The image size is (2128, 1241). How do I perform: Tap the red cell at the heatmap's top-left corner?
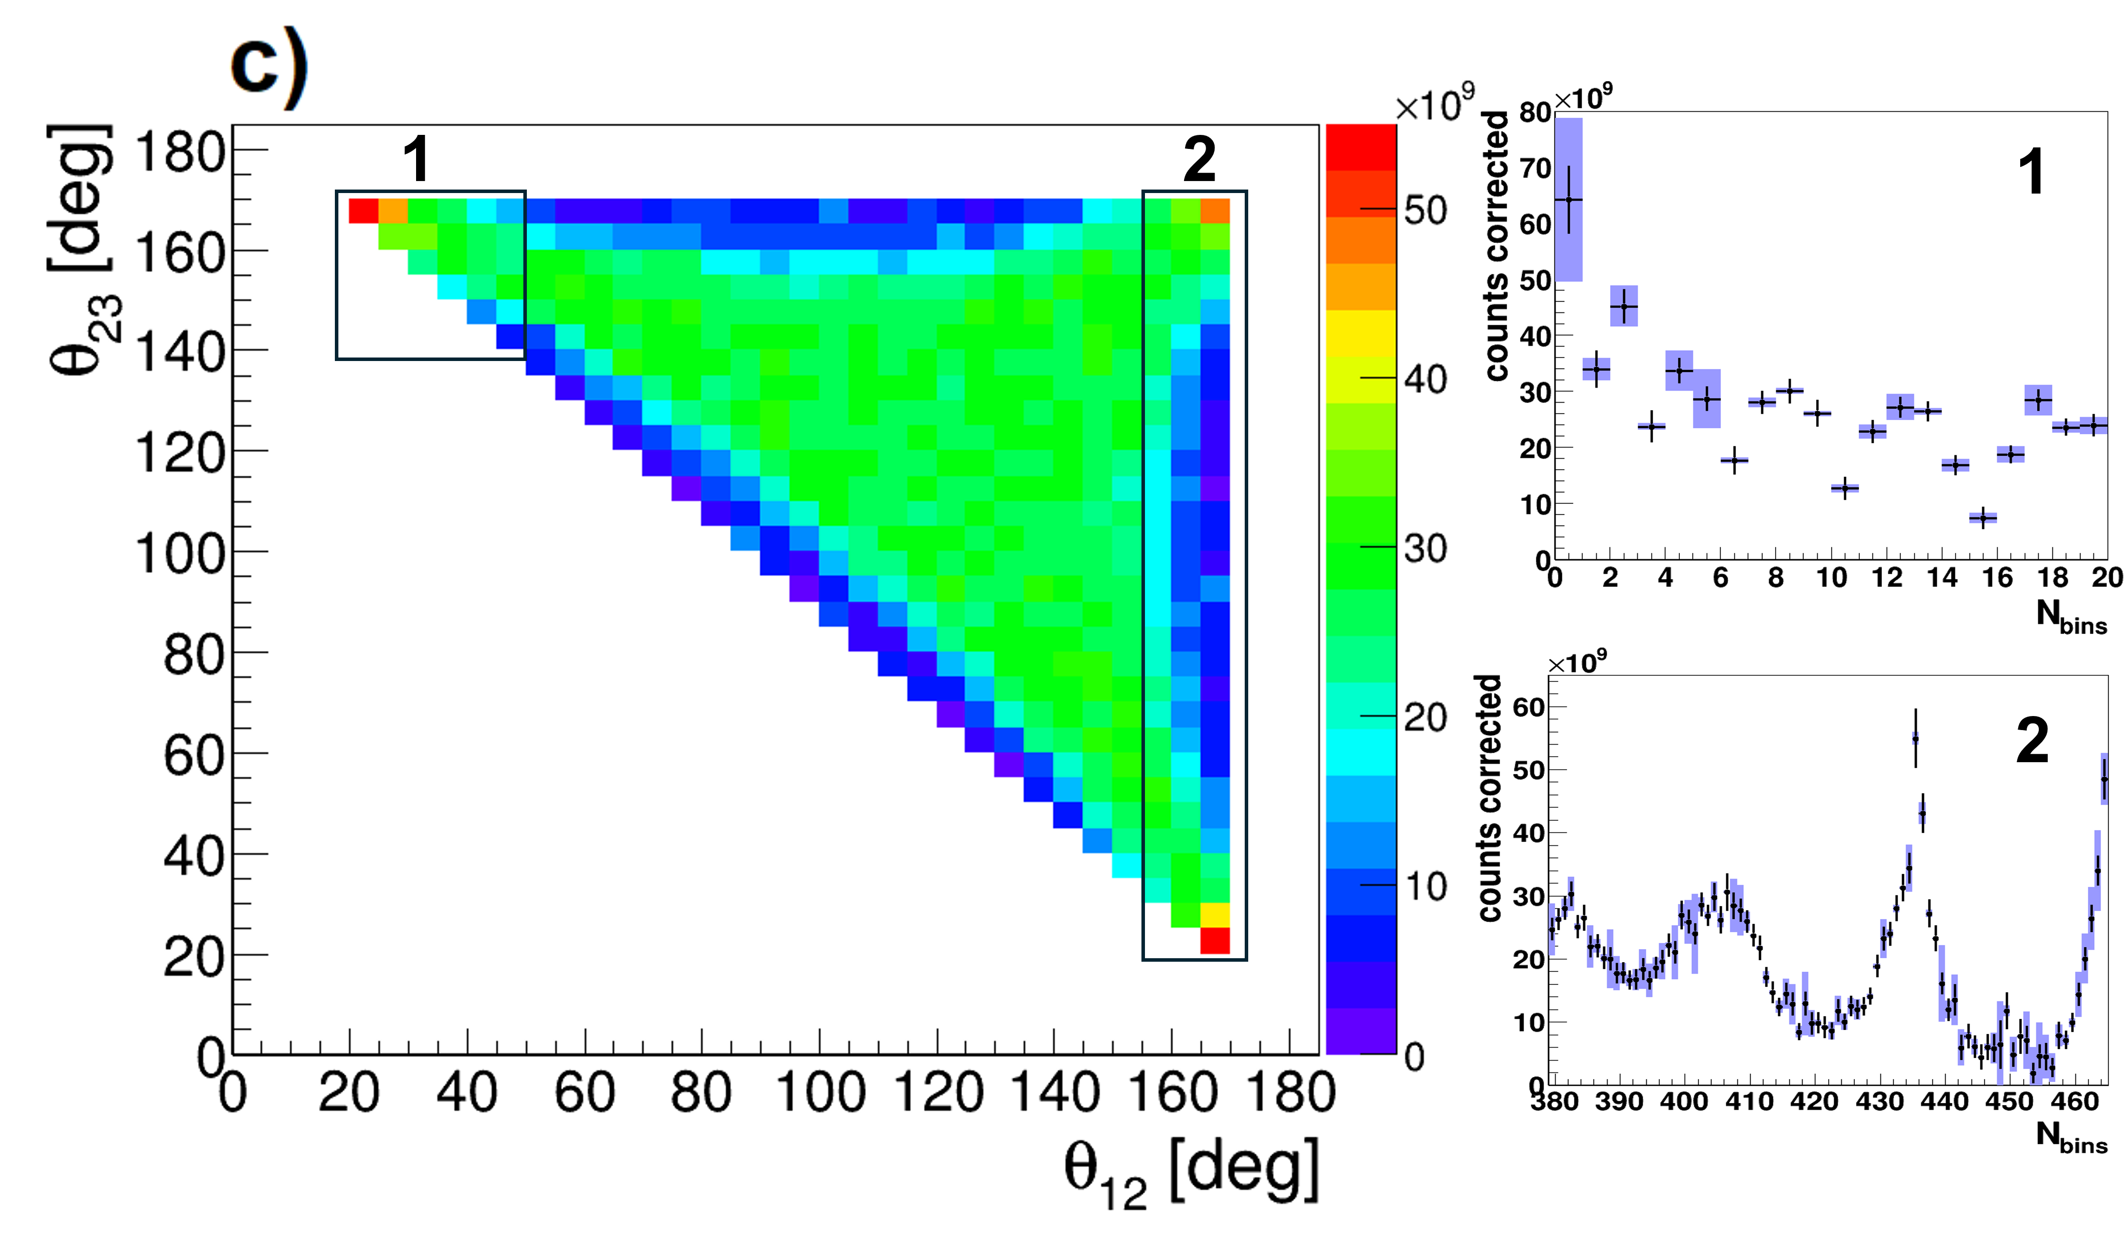(x=363, y=211)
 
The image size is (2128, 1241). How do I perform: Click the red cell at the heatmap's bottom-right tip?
(x=1215, y=940)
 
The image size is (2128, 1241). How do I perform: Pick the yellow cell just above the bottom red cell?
(x=1215, y=915)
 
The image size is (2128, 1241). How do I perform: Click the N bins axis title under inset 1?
(x=2070, y=616)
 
